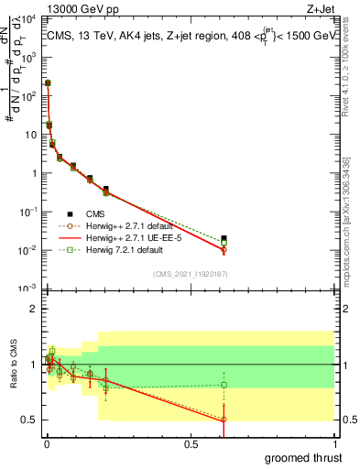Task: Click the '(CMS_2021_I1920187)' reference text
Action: point(190,273)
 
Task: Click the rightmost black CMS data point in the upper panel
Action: point(224,239)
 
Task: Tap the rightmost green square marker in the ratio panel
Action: point(224,385)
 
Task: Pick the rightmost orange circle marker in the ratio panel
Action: point(224,420)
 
